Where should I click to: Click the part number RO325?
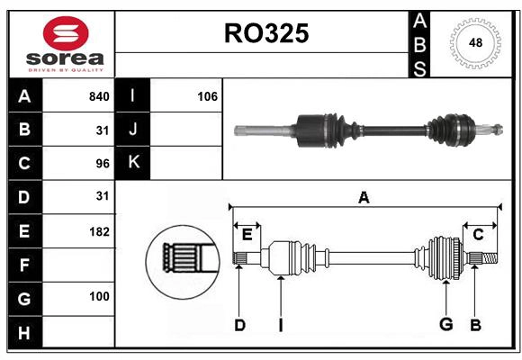pyautogui.click(x=265, y=33)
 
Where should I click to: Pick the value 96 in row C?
pyautogui.click(x=102, y=163)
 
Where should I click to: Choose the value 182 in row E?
pyautogui.click(x=99, y=231)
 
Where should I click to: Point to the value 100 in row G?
pyautogui.click(x=99, y=296)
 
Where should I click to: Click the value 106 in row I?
pyautogui.click(x=207, y=96)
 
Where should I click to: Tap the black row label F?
pyautogui.click(x=24, y=265)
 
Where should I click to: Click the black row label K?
pyautogui.click(x=133, y=162)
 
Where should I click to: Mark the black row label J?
pyautogui.click(x=133, y=130)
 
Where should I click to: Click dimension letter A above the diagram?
pyautogui.click(x=364, y=197)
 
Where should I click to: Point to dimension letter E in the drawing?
pyautogui.click(x=247, y=235)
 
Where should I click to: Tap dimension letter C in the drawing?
pyautogui.click(x=478, y=235)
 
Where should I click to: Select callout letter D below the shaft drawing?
pyautogui.click(x=239, y=325)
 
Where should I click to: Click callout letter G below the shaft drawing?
pyautogui.click(x=445, y=325)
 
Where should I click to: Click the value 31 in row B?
pyautogui.click(x=102, y=130)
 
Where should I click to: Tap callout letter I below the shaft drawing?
pyautogui.click(x=281, y=325)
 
